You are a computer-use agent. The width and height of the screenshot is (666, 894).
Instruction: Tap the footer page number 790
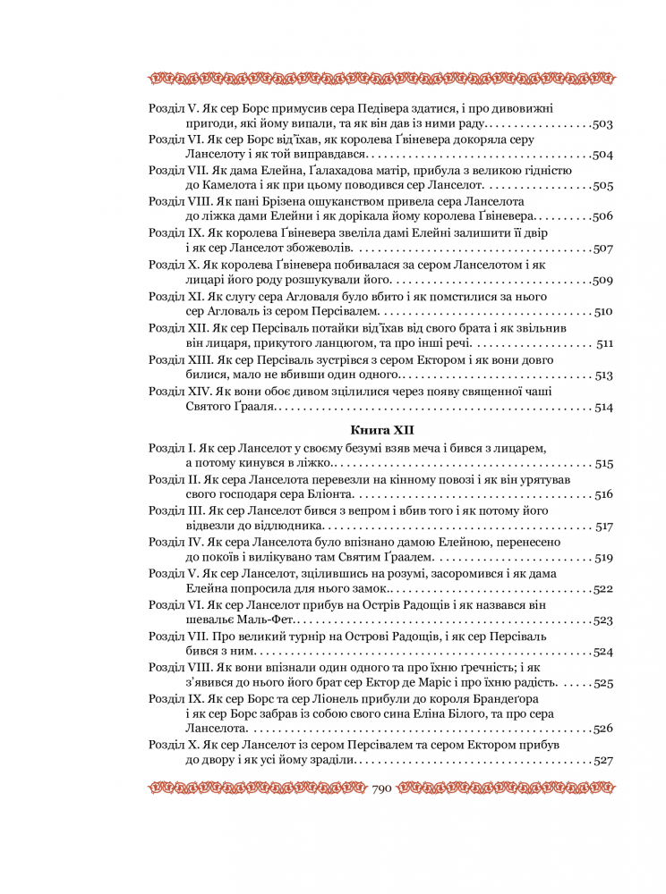point(383,788)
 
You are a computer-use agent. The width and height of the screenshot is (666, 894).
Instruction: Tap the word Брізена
point(258,201)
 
